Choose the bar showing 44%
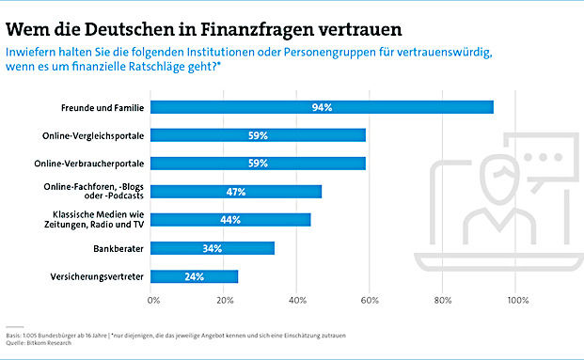tap(231, 220)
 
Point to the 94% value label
tap(323, 107)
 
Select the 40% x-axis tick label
tap(297, 301)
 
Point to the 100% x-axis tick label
tap(517, 301)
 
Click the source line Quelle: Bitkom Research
tap(39, 342)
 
